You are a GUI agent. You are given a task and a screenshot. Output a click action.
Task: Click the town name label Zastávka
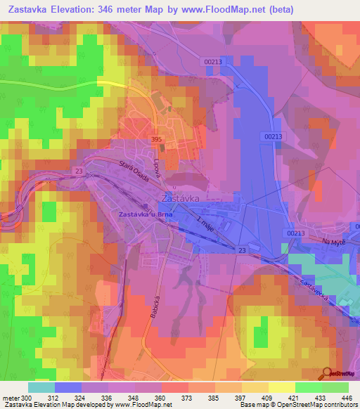click(181, 198)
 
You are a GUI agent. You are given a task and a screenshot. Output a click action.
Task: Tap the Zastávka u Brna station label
click(146, 214)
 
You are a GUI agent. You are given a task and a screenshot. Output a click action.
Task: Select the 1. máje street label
click(207, 226)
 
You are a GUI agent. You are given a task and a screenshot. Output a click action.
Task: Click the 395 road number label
click(157, 140)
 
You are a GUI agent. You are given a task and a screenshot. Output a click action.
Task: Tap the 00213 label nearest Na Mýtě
click(296, 233)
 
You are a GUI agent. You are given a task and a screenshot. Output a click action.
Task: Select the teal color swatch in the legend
click(41, 387)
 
